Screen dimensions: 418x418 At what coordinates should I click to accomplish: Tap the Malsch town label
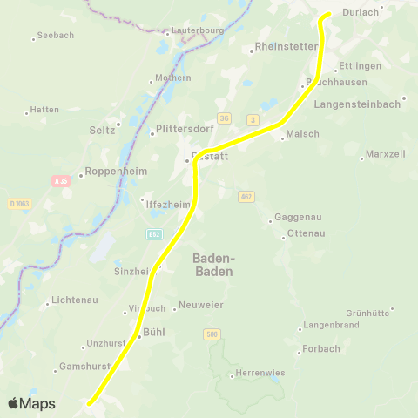[302, 134]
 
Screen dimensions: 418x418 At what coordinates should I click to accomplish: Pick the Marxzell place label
[387, 154]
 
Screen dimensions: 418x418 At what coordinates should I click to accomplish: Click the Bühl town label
[153, 332]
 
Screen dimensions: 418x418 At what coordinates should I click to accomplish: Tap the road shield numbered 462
[247, 196]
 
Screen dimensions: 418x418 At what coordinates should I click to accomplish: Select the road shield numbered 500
[212, 334]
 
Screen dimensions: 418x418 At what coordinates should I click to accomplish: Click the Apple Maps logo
[31, 403]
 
